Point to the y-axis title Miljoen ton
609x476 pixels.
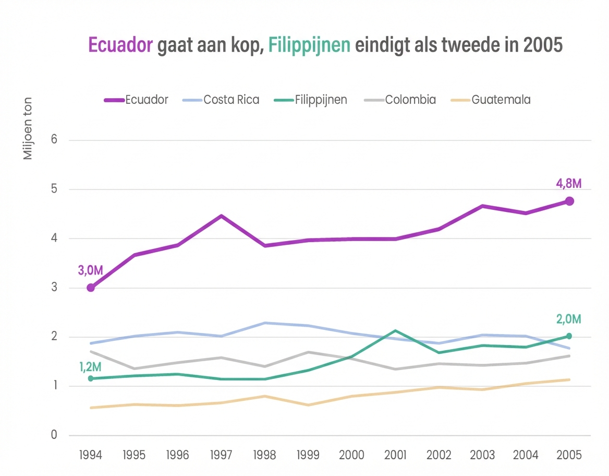pos(28,128)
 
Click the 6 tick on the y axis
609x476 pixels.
pos(53,140)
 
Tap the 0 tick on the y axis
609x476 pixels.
pos(53,435)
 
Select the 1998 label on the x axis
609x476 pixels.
pos(265,454)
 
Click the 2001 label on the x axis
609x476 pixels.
pos(395,454)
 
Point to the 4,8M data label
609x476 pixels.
pos(568,183)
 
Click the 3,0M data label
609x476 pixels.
pos(91,270)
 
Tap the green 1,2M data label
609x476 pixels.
pos(91,366)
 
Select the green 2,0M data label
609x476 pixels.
pos(568,319)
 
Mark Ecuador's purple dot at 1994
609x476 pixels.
pos(91,288)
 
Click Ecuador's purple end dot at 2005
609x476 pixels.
pos(569,201)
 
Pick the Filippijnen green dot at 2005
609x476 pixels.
pos(569,336)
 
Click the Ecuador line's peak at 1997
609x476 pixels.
pos(221,216)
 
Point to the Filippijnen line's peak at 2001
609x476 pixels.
pos(395,330)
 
